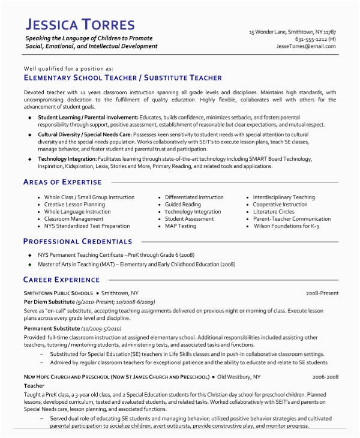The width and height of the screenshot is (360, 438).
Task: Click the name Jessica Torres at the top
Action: [x=80, y=25]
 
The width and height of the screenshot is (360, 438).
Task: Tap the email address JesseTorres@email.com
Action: [x=306, y=46]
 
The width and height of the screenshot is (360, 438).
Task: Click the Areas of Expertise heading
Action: [x=62, y=182]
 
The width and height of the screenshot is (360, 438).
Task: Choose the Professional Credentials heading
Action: [x=77, y=241]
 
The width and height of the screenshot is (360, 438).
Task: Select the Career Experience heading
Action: [x=61, y=280]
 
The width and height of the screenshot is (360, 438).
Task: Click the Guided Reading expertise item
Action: [x=183, y=205]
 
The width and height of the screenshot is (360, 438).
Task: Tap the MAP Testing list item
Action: [x=181, y=226]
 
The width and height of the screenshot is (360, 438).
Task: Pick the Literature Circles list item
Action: [x=274, y=212]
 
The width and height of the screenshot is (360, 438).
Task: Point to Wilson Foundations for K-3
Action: [x=286, y=226]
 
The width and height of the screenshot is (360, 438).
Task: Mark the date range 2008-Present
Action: [x=322, y=293]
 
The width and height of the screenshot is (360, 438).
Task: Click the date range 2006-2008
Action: [x=325, y=376]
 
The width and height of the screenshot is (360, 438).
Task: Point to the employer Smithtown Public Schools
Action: [x=58, y=293]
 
